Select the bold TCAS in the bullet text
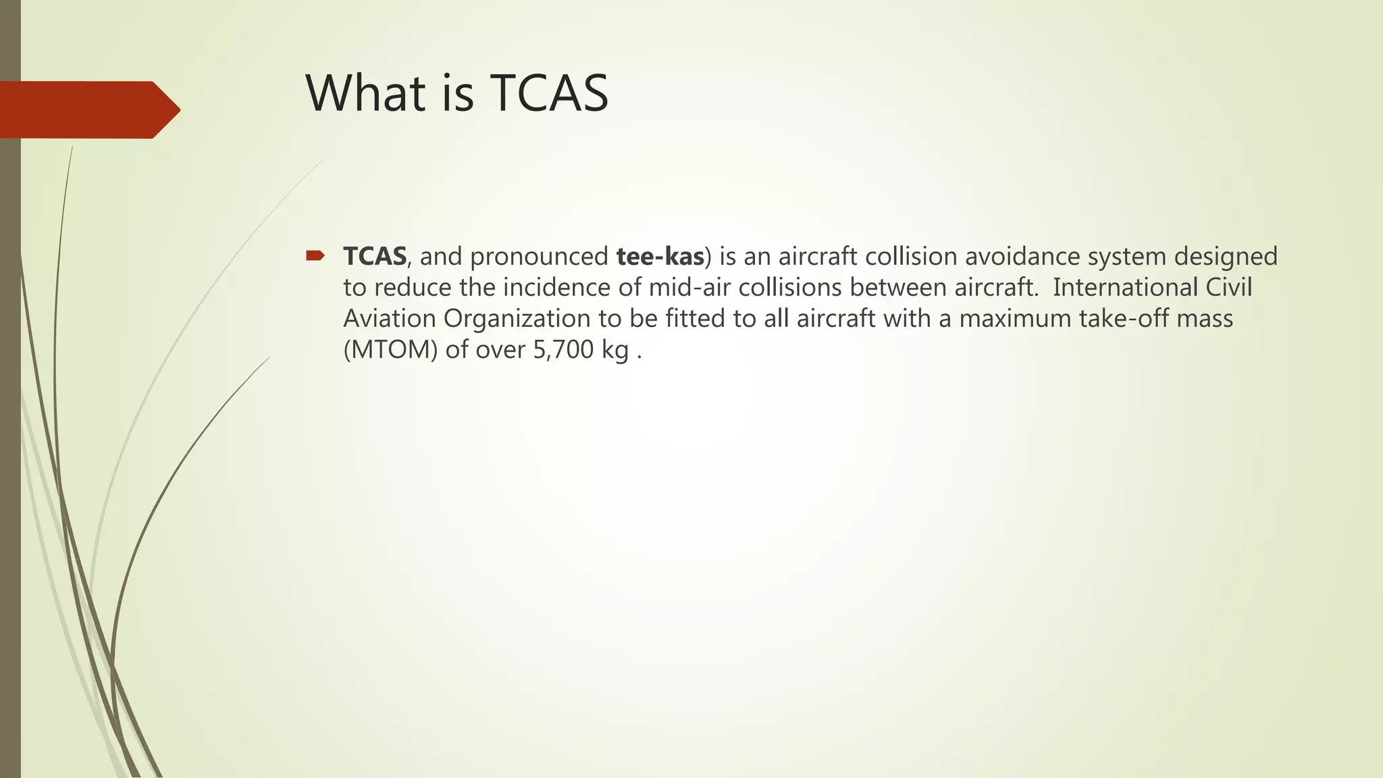(x=375, y=257)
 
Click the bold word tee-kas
(x=660, y=257)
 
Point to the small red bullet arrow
(x=315, y=255)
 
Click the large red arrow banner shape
(x=88, y=109)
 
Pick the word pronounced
(x=539, y=257)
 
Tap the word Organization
(x=517, y=319)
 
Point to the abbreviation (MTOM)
(x=390, y=350)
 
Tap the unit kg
(x=615, y=350)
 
